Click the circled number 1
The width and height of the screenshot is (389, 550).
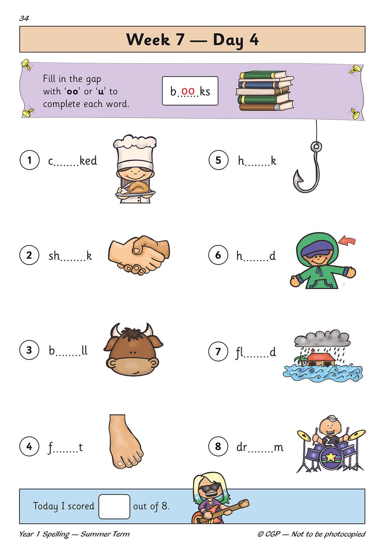point(30,160)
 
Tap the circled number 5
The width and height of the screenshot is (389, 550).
point(218,160)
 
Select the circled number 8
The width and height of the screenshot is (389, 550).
point(218,446)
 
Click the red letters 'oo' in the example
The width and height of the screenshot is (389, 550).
point(188,91)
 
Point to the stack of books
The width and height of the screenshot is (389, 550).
point(265,91)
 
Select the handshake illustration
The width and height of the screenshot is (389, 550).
point(139,255)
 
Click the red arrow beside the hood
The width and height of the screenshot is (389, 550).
point(347,240)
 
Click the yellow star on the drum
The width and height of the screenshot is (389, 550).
point(331,456)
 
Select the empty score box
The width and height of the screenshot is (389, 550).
point(114,507)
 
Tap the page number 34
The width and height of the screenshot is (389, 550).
point(24,18)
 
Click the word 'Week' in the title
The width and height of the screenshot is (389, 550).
point(148,39)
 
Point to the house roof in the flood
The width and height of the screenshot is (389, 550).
point(322,356)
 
